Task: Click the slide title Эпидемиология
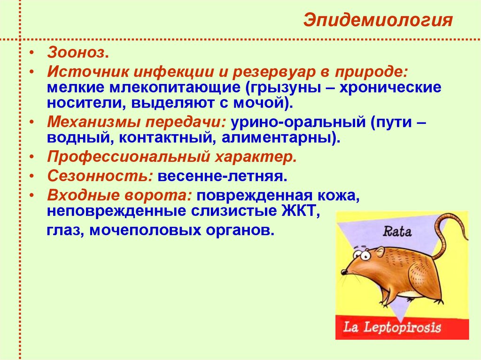coord(378,21)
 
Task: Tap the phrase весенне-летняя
coord(222,177)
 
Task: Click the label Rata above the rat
coord(397,231)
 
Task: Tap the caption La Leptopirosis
coord(393,327)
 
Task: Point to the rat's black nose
coord(343,272)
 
